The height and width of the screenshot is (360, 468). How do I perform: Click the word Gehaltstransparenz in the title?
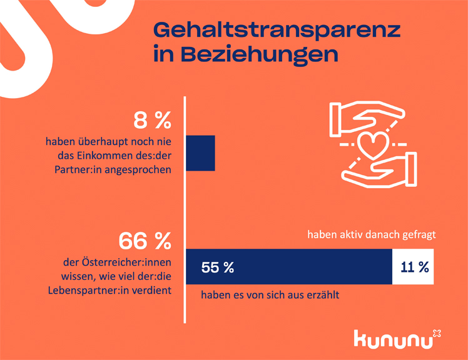277,30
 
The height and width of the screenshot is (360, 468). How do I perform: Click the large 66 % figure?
145,240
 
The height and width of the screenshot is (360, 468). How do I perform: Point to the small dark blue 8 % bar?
201,152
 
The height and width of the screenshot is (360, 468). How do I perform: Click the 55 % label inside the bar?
217,267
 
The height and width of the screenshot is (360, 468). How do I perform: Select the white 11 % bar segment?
413,267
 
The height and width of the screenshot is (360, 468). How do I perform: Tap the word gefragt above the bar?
419,236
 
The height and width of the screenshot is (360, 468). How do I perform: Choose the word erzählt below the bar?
322,296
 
